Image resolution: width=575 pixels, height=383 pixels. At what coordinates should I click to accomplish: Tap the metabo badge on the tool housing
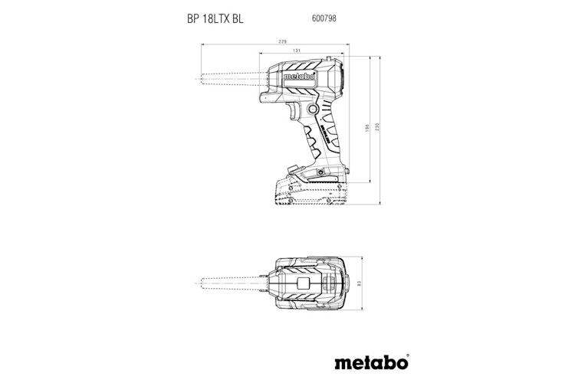pos(295,78)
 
